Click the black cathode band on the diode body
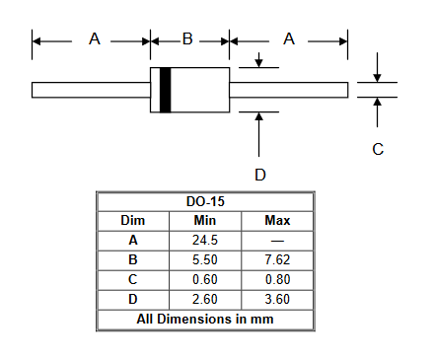click(x=166, y=90)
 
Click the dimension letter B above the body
click(x=187, y=39)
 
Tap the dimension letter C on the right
click(x=378, y=149)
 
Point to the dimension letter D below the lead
click(x=260, y=175)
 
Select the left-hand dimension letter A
click(x=95, y=39)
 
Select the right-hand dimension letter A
click(x=289, y=39)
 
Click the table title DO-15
click(x=205, y=201)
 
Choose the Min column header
click(x=205, y=221)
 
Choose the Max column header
click(x=277, y=221)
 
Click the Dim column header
click(x=133, y=221)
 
